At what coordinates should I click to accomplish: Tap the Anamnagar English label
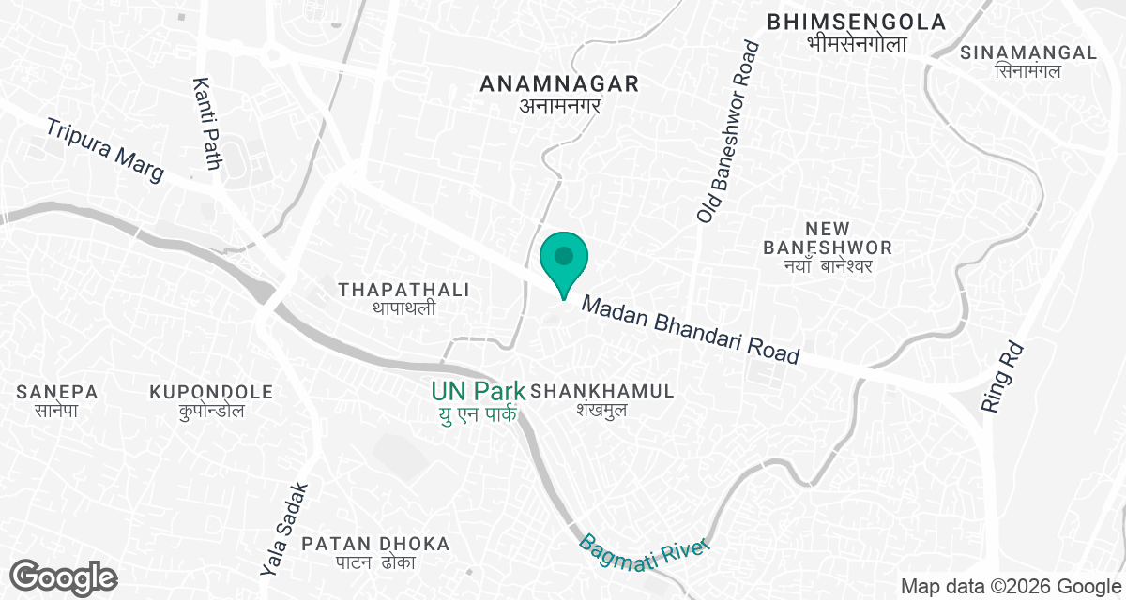coord(559,84)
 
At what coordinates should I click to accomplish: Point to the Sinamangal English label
coord(1028,52)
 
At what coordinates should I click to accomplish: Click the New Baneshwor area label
coord(828,237)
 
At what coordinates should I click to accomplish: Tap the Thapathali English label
coord(403,289)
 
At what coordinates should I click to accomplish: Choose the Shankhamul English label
coord(602,391)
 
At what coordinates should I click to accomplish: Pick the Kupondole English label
coord(211,391)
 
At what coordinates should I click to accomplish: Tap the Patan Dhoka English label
coord(375,543)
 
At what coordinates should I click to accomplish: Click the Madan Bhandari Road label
coord(691,330)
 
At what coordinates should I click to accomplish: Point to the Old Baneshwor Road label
coord(728,130)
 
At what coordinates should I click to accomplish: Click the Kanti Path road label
coord(206,125)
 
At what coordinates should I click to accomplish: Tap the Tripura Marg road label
coord(105,150)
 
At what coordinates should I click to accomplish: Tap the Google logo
coord(64,577)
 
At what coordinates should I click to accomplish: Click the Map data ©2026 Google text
coord(1010,587)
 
